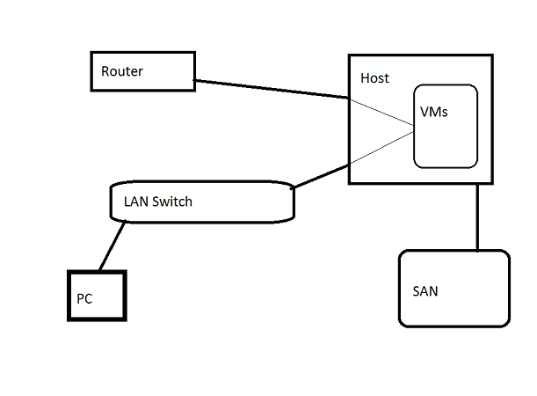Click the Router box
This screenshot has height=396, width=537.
tap(142, 71)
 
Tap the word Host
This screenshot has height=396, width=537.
tap(374, 78)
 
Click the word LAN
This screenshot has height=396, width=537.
tap(136, 202)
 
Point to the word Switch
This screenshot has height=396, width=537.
tap(172, 202)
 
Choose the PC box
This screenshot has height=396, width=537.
tap(97, 296)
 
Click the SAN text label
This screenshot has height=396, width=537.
tap(425, 291)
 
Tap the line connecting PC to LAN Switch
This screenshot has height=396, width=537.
tap(112, 246)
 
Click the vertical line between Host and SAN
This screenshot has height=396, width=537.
tap(477, 216)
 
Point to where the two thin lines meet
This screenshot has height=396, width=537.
tap(414, 133)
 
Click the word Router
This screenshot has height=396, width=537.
tap(122, 71)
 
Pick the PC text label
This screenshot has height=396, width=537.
tap(84, 299)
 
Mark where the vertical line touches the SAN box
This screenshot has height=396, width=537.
tap(477, 251)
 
